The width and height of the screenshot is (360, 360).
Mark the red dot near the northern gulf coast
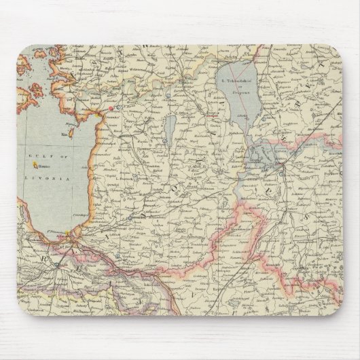point(110,107)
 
